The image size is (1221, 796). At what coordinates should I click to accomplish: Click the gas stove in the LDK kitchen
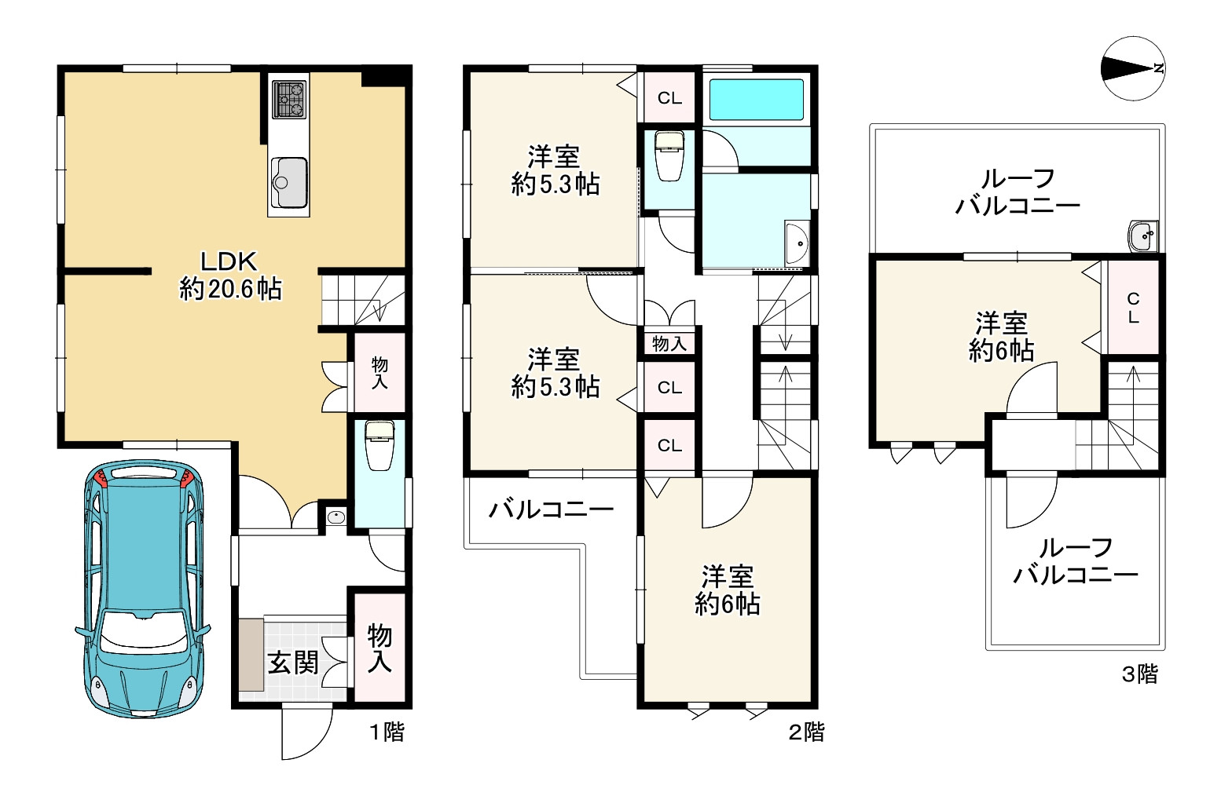288,99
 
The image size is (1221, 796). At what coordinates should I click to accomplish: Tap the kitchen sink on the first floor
288,182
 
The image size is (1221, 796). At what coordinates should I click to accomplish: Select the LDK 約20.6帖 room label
230,276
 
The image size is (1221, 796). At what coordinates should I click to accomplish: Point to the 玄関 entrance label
293,663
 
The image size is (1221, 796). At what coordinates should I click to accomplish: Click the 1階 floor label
387,732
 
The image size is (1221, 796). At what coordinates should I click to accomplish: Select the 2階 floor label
806,732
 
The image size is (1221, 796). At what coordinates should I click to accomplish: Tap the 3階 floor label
1138,674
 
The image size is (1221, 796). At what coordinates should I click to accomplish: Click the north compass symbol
1132,69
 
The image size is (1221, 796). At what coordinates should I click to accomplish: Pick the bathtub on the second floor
756,100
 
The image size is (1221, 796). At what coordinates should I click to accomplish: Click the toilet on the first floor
379,447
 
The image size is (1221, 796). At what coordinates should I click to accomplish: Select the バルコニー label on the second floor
551,511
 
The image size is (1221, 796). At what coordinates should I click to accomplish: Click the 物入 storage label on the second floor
669,343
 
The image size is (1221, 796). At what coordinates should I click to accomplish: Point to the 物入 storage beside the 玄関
379,648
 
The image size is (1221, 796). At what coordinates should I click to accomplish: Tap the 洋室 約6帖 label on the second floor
727,590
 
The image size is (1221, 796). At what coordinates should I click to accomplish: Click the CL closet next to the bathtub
669,98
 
